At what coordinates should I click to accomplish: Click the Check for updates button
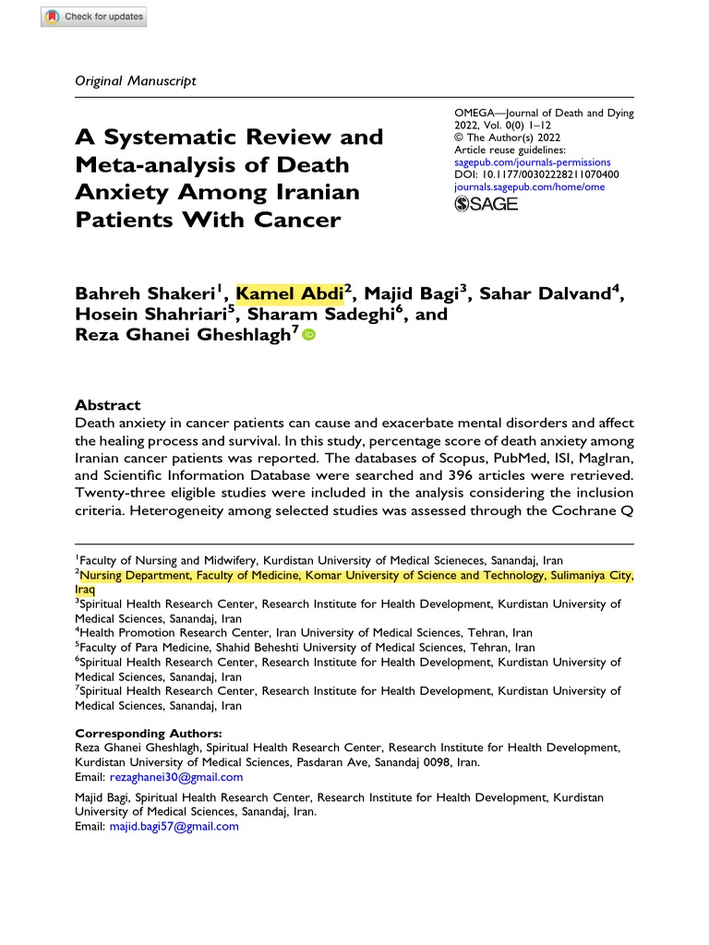pos(93,17)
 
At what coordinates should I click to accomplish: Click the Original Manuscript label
pos(135,80)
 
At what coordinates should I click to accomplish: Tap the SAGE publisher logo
pos(487,204)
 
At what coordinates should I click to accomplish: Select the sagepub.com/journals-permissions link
pos(527,161)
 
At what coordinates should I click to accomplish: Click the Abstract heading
pos(107,405)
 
